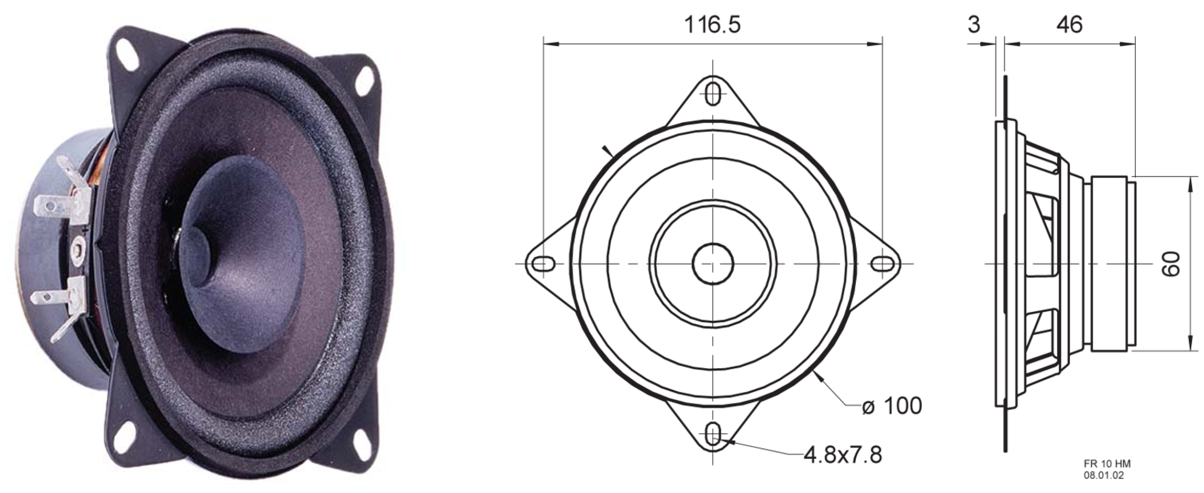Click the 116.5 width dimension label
click(x=712, y=25)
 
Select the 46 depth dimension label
click(x=1069, y=25)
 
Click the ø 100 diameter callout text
click(x=892, y=406)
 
